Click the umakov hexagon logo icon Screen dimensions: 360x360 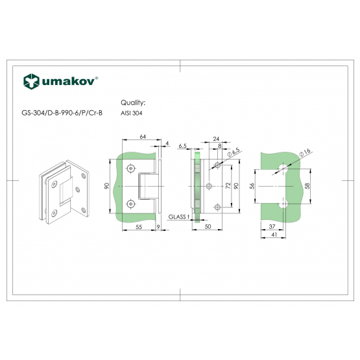[x=31, y=82]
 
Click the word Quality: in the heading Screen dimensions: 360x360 [x=133, y=102]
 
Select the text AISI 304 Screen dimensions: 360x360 [x=131, y=113]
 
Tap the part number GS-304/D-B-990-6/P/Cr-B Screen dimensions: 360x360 [x=62, y=113]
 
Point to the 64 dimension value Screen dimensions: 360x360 [x=143, y=137]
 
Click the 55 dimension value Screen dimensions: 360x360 [x=139, y=227]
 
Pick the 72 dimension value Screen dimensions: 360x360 [x=228, y=186]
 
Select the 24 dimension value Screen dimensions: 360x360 [x=216, y=139]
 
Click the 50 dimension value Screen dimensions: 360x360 [x=208, y=226]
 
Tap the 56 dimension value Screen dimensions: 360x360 [x=252, y=186]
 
